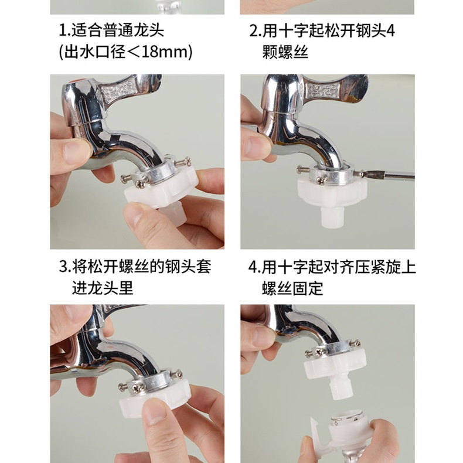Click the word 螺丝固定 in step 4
point(292,288)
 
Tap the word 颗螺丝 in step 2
point(285,52)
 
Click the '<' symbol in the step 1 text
point(136,52)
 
